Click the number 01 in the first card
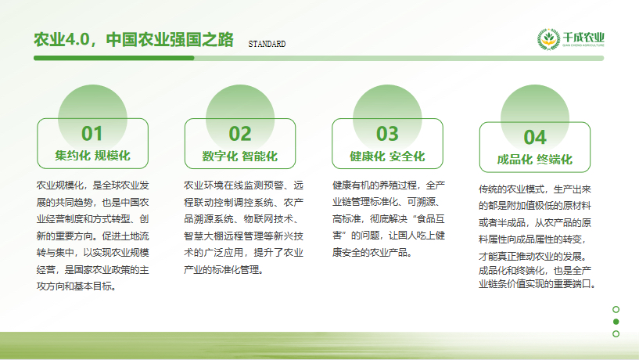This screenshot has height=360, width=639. pyautogui.click(x=92, y=134)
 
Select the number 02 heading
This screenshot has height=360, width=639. pyautogui.click(x=240, y=134)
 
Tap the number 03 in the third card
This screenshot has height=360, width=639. pyautogui.click(x=387, y=134)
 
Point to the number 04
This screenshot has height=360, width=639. pyautogui.click(x=535, y=138)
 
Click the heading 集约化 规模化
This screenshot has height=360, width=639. pyautogui.click(x=92, y=156)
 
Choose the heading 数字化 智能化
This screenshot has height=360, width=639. pyautogui.click(x=240, y=156)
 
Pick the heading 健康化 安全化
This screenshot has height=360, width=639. pyautogui.click(x=387, y=156)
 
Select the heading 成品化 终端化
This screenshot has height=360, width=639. pyautogui.click(x=535, y=160)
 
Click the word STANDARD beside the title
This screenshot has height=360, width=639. pyautogui.click(x=267, y=44)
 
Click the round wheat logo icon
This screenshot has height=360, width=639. pyautogui.click(x=547, y=39)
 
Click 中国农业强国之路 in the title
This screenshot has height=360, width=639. pyautogui.click(x=170, y=39)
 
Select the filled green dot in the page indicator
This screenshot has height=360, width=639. pyautogui.click(x=616, y=322)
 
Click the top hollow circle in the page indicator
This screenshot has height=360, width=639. pyautogui.click(x=616, y=309)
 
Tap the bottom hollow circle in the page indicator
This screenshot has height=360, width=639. pyautogui.click(x=616, y=334)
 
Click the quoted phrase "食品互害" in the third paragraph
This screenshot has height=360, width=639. pyautogui.click(x=422, y=227)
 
